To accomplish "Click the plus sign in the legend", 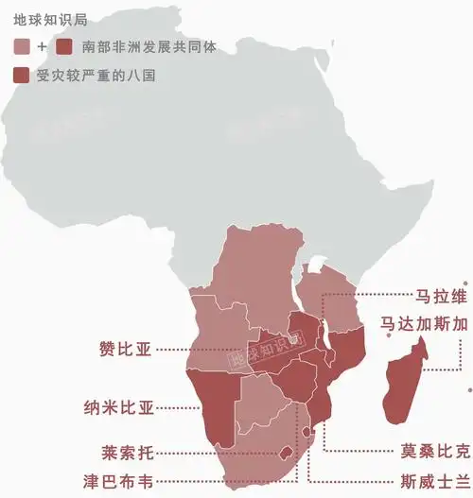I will point(42,45).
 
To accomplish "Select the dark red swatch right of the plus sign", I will point(63,45).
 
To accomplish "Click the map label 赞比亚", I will point(125,349).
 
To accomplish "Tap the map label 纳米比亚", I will point(118,408).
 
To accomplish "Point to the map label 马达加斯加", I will point(425,323).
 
